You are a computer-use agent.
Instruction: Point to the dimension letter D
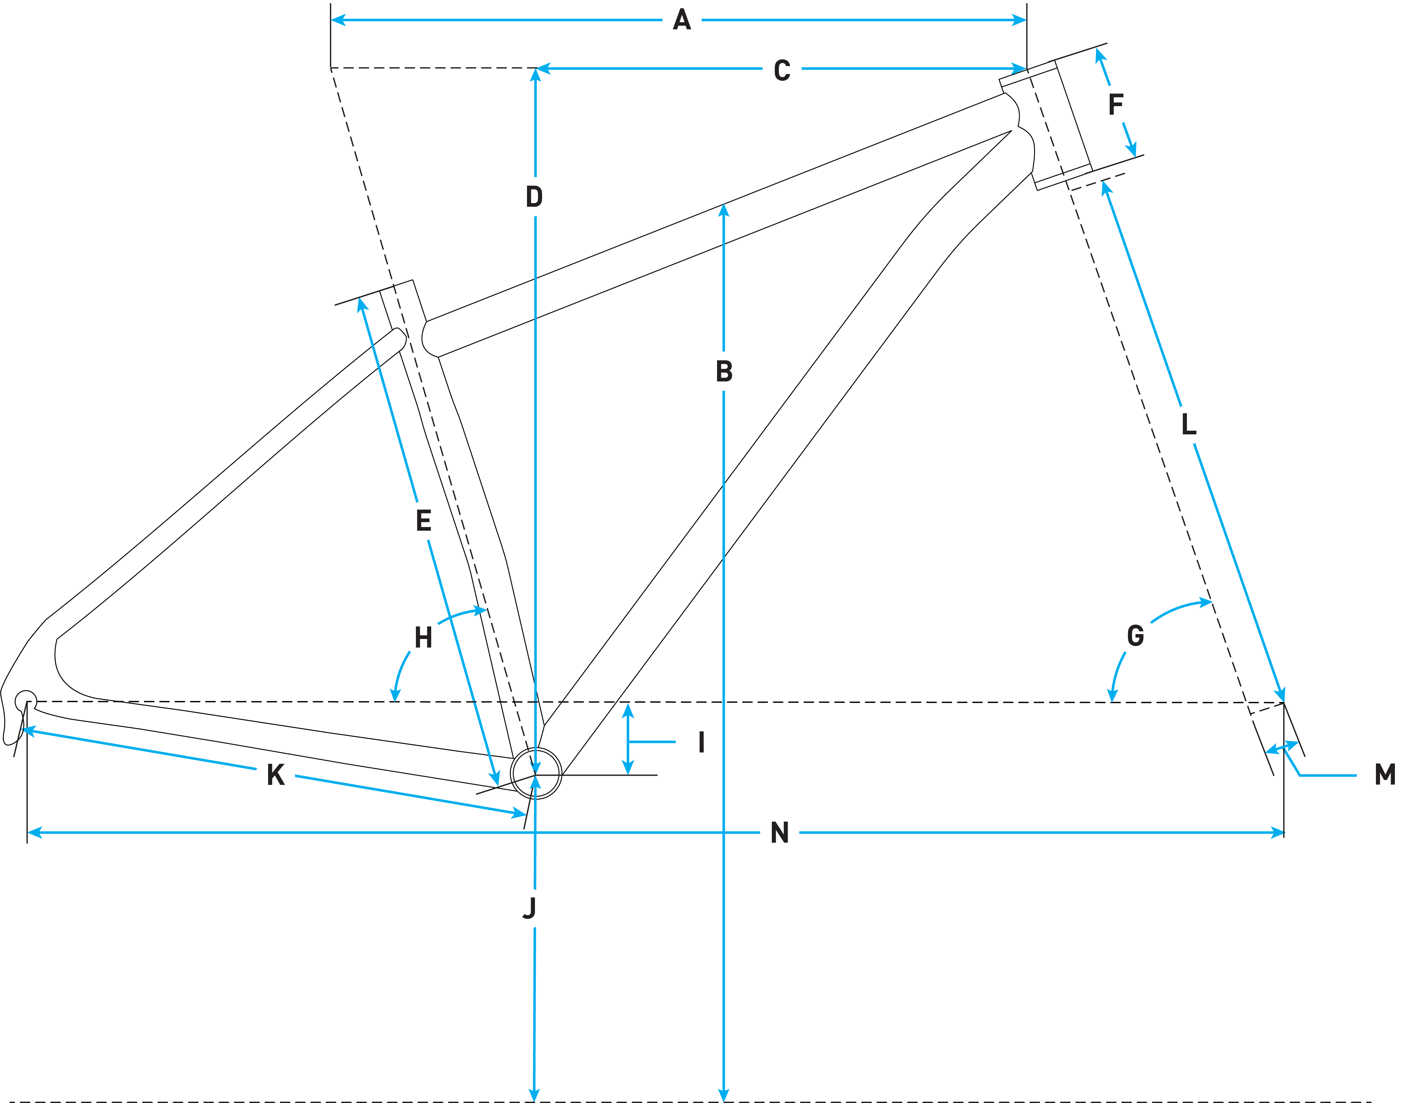(x=534, y=196)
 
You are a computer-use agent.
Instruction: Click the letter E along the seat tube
(x=423, y=521)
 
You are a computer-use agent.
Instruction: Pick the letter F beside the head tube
(x=1115, y=105)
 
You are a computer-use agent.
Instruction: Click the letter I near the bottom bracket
(x=701, y=743)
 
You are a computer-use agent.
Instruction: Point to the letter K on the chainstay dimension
(x=276, y=775)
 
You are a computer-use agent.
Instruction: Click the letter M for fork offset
(x=1384, y=774)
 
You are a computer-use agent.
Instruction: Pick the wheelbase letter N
(x=780, y=833)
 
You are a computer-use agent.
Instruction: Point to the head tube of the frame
(x=1059, y=120)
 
